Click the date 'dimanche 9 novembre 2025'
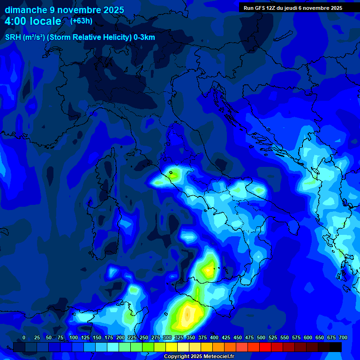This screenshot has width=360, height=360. [65, 10]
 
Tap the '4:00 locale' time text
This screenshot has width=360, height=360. [33, 21]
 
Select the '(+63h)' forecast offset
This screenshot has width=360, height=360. [81, 21]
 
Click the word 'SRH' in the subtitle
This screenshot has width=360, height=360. [13, 37]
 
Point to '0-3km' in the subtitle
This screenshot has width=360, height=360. [144, 37]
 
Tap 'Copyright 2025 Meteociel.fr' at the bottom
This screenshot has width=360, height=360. [199, 357]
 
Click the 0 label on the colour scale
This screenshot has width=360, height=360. [24, 337]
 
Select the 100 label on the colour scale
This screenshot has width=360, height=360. [74, 337]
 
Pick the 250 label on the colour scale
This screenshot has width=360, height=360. [144, 337]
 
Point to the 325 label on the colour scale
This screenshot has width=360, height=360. [179, 337]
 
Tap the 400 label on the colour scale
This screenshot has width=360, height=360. [214, 337]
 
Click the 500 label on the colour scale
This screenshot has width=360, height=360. [261, 337]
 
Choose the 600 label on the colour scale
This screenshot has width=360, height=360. [308, 337]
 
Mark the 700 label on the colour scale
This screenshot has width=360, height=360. [343, 337]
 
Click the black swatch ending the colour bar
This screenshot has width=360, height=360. [336, 347]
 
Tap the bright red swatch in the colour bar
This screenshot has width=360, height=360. [265, 347]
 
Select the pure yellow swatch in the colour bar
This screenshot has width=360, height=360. [172, 347]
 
